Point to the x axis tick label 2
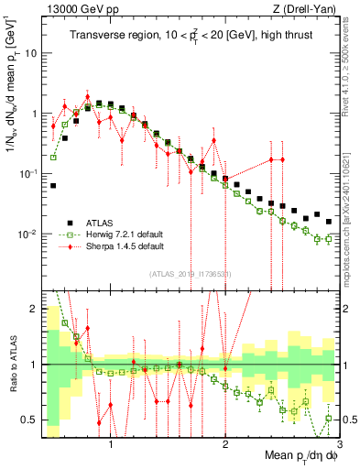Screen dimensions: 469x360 click(225, 444)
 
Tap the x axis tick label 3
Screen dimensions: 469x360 click(339, 444)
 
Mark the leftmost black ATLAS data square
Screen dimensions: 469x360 click(53, 185)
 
